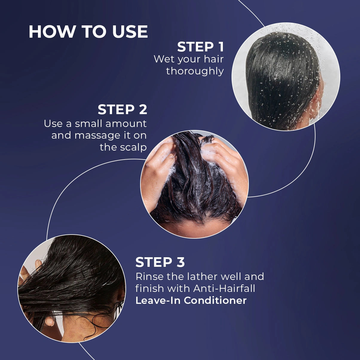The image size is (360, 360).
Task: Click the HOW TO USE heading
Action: [x=88, y=32]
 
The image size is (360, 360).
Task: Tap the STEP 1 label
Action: [x=200, y=47]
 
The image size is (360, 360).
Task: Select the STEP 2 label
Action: [x=122, y=110]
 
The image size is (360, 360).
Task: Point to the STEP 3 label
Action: [x=160, y=262]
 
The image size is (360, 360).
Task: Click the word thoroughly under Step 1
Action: [x=195, y=71]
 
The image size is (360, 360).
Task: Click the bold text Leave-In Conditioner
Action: [x=191, y=300]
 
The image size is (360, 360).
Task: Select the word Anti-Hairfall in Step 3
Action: [x=224, y=288]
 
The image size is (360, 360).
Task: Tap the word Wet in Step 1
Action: [x=164, y=59]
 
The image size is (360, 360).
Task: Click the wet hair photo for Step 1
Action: [x=286, y=77]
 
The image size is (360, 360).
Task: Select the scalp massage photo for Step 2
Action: [x=194, y=184]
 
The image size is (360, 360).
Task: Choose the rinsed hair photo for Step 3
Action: [x=72, y=288]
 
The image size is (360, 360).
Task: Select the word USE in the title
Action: [x=130, y=32]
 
